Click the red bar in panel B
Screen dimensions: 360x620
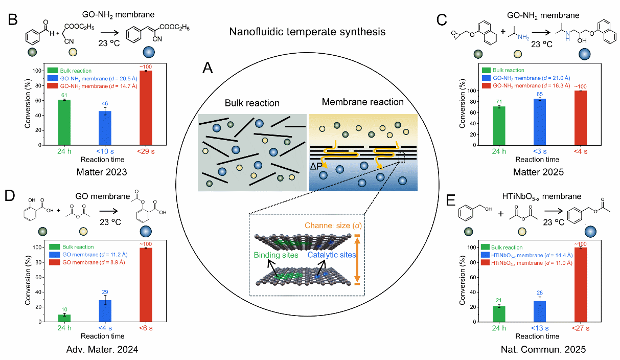147,107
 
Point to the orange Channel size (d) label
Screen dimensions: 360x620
333,226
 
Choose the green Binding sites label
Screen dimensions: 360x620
277,255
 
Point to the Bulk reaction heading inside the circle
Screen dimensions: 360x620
252,103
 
